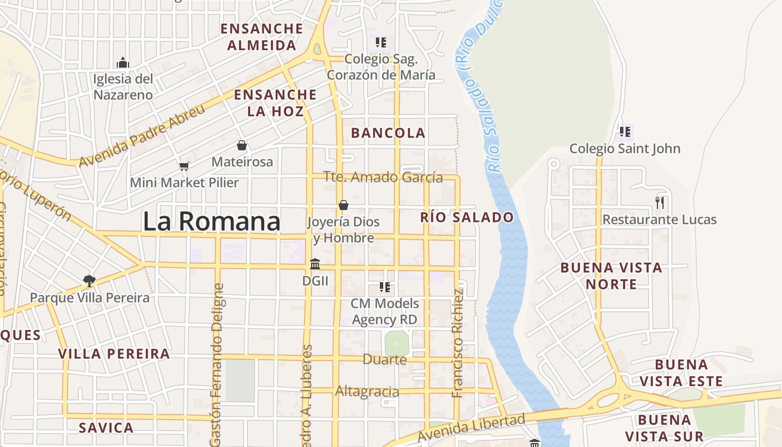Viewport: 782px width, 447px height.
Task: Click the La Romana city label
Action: [211, 221]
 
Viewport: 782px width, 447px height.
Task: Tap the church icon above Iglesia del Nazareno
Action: [123, 62]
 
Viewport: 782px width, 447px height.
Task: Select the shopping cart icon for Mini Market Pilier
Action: [184, 165]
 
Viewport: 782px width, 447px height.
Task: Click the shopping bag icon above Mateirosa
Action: [242, 145]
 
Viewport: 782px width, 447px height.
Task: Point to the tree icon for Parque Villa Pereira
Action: [89, 280]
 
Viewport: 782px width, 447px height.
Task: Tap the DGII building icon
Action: [315, 264]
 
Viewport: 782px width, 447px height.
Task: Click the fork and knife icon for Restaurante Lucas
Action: [660, 202]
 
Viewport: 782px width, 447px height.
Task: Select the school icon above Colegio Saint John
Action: [624, 132]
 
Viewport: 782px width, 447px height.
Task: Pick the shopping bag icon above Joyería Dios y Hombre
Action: [344, 205]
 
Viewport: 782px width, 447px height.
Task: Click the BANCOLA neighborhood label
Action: [388, 133]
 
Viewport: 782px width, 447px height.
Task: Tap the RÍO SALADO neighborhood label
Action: [467, 217]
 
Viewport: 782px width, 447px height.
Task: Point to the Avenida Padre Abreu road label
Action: [142, 135]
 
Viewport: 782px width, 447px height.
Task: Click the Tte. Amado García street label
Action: [383, 178]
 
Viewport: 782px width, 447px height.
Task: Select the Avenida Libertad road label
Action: [471, 428]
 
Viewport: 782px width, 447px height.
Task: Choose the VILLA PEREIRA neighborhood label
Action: [114, 354]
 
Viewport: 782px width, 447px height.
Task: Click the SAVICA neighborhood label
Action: [106, 428]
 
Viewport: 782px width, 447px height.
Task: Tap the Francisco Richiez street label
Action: [458, 343]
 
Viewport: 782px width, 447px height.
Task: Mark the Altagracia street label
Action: [367, 392]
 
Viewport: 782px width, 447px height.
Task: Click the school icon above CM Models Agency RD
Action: [384, 287]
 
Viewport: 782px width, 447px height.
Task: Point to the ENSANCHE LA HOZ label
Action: [275, 103]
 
